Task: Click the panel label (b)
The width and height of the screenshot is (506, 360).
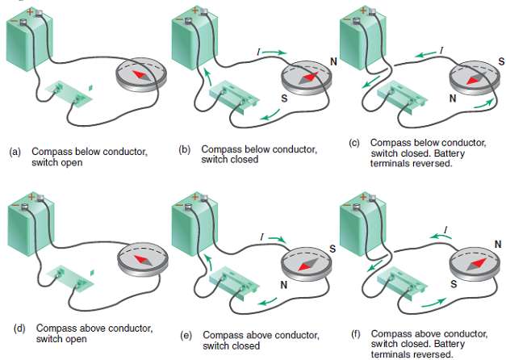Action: coord(184,149)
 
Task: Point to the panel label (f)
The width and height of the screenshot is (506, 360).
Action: coord(353,333)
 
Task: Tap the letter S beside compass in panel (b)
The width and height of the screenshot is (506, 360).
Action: coord(284,98)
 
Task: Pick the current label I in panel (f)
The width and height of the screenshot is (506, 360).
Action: coord(444,232)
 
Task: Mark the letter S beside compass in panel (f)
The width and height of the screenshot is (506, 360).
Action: coord(454,284)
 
